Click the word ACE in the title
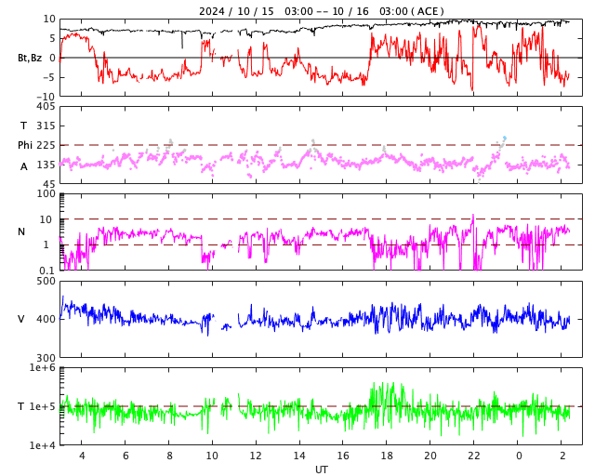(x=429, y=11)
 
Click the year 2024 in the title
(x=213, y=11)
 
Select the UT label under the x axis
(x=321, y=469)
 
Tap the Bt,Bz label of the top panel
(x=30, y=58)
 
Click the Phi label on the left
(x=26, y=145)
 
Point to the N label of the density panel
(x=22, y=231)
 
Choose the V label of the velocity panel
(x=21, y=319)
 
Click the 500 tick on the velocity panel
(x=45, y=281)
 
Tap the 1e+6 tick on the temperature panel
(x=42, y=368)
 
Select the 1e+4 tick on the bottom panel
(x=42, y=445)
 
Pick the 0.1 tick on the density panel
(x=46, y=271)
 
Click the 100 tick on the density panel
(x=46, y=193)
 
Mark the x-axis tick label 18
(x=387, y=456)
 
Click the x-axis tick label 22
(x=474, y=456)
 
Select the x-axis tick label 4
(x=82, y=456)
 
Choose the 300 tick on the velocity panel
(x=45, y=358)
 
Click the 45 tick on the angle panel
(x=48, y=183)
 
